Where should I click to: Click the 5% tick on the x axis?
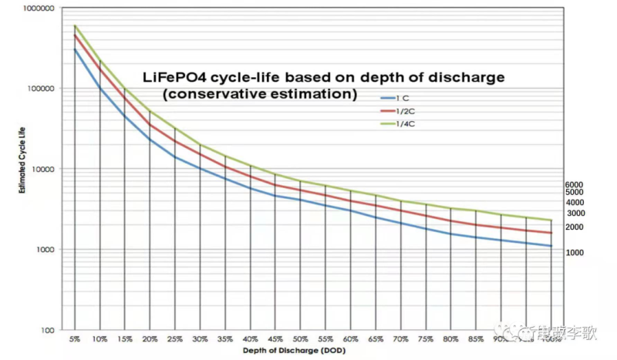point(75,338)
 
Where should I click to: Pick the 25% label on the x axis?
point(175,338)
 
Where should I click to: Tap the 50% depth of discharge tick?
point(301,338)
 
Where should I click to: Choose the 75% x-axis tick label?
point(427,338)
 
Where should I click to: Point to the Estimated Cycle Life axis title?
point(15,169)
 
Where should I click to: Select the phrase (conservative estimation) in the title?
point(260,94)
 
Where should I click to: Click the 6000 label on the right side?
point(575,185)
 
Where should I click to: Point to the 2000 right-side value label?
point(575,227)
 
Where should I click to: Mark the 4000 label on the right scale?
point(575,202)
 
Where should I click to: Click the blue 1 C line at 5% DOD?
point(75,50)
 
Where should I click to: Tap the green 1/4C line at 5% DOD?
point(75,25)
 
